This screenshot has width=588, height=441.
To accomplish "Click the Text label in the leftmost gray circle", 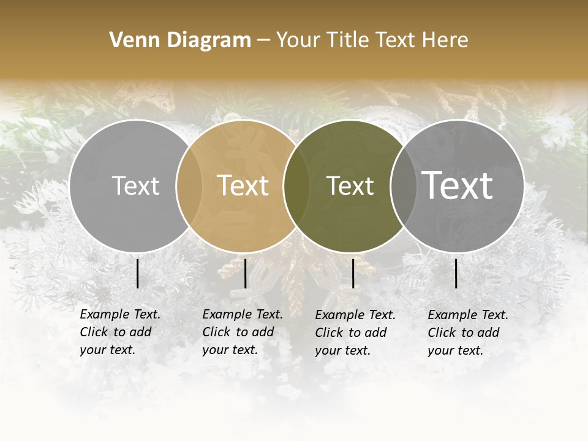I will (135, 186).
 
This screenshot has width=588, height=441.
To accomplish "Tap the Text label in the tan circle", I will (243, 186).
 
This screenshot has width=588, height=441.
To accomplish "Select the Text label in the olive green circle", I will (350, 186).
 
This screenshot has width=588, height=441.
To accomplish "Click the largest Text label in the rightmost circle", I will (458, 186).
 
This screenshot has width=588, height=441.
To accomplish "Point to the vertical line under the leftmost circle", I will (137, 273).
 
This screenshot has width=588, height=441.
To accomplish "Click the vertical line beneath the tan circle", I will (245, 273).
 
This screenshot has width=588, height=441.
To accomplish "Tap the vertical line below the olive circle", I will (353, 273).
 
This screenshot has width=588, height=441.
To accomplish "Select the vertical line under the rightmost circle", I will (456, 273).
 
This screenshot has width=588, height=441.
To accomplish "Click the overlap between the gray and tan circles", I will (189, 186).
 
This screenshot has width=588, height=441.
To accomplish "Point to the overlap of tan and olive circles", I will (296, 186).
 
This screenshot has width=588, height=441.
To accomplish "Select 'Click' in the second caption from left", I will (216, 332).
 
